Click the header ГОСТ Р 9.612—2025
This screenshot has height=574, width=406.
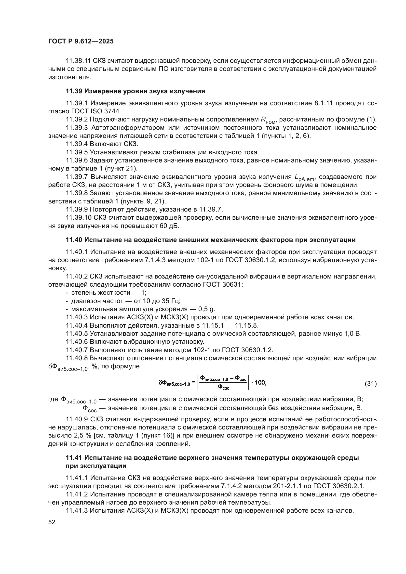(81, 41)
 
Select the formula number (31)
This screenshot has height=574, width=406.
(370, 383)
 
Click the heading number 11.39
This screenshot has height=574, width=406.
(74, 91)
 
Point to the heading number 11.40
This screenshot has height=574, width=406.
(74, 240)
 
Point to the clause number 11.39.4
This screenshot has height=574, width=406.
(77, 144)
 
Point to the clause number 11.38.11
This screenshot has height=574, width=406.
(78, 61)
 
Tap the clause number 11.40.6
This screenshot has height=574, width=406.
(77, 342)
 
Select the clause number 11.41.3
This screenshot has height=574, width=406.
(77, 510)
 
